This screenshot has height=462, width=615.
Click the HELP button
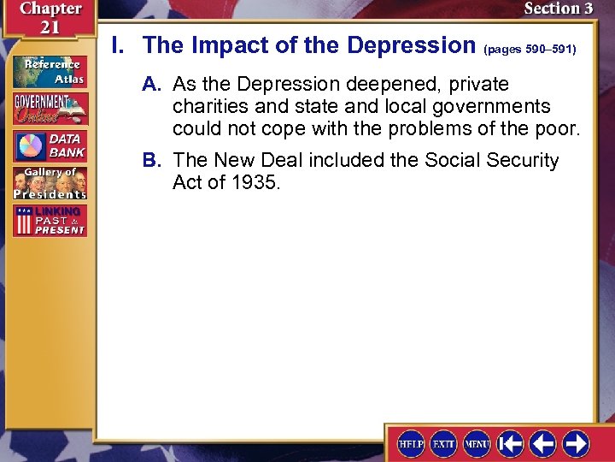click(x=412, y=442)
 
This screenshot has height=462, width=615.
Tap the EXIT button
click(x=444, y=442)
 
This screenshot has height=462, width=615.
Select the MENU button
click(x=477, y=442)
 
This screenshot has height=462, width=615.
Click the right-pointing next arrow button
click(x=576, y=442)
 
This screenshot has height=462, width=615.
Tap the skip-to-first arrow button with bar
click(x=511, y=442)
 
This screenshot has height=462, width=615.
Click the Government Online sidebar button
click(x=50, y=109)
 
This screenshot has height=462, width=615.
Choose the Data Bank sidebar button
click(x=50, y=145)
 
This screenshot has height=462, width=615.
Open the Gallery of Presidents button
click(x=50, y=183)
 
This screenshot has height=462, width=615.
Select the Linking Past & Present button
click(x=50, y=221)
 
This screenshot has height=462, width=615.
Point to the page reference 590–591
click(x=530, y=50)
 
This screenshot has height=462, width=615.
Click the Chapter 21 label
click(x=50, y=18)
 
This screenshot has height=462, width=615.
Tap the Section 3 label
click(x=558, y=9)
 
